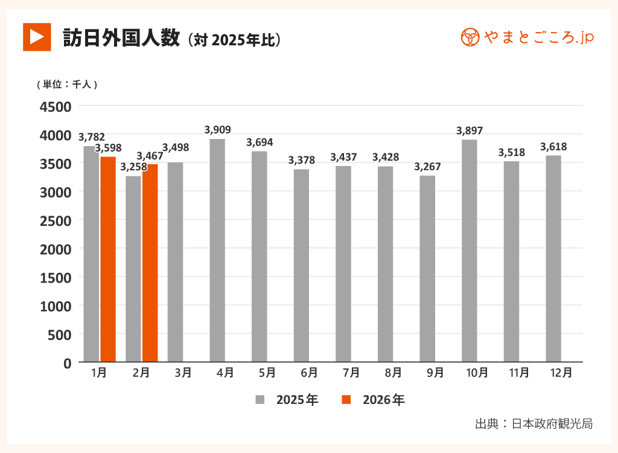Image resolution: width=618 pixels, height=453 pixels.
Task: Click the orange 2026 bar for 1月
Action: click(108, 259)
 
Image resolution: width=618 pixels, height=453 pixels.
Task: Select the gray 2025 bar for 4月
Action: click(217, 250)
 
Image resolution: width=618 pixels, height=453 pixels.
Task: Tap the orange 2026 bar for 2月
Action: click(150, 263)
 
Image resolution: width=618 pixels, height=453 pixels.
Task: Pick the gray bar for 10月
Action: click(469, 251)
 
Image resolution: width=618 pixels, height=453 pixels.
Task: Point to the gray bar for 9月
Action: click(427, 269)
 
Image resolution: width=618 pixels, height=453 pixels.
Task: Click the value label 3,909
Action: click(217, 130)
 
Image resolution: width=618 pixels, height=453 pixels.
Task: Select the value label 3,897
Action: click(470, 130)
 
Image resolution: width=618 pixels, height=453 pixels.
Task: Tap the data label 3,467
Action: click(150, 156)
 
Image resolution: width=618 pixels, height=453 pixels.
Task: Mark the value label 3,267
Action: click(427, 167)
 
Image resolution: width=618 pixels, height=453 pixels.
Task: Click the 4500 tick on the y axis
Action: click(56, 107)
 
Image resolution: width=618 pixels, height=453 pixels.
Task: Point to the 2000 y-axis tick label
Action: click(56, 249)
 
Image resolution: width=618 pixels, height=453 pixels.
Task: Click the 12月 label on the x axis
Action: click(562, 373)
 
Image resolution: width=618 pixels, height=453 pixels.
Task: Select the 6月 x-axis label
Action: click(309, 373)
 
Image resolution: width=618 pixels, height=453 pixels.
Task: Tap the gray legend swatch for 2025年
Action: click(260, 400)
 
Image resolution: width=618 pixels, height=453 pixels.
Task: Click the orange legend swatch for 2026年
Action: click(346, 400)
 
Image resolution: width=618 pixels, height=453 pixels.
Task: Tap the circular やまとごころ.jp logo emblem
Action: click(470, 37)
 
